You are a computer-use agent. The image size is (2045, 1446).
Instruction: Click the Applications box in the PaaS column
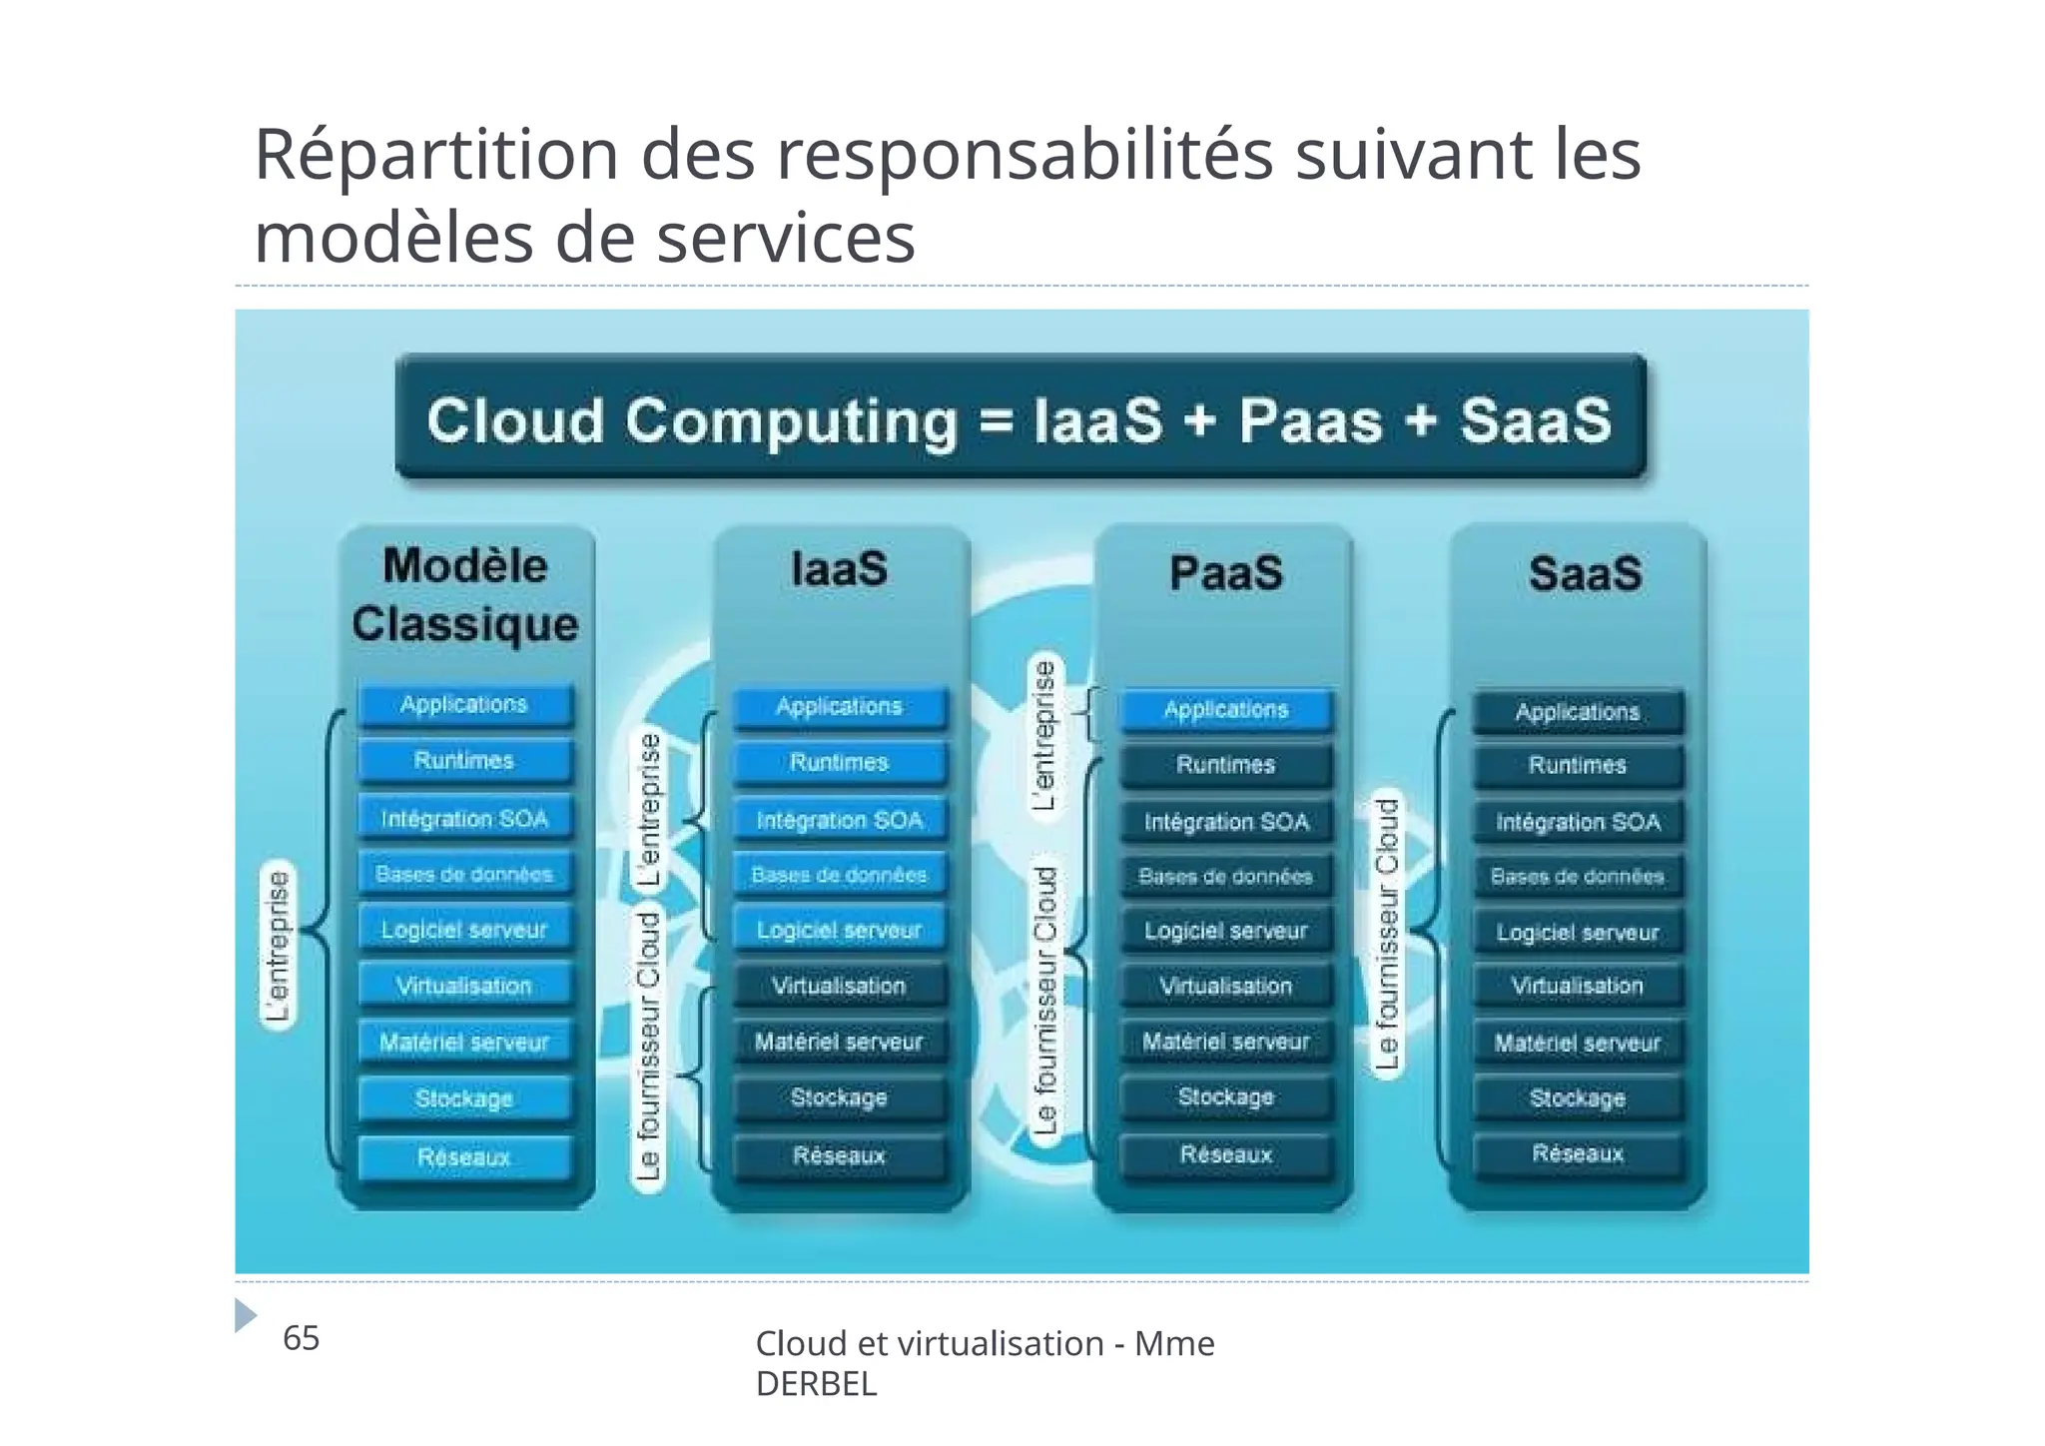tap(1225, 710)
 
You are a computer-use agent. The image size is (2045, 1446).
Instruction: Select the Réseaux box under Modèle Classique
tap(464, 1157)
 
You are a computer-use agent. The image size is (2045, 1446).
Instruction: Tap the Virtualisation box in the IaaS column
tap(839, 986)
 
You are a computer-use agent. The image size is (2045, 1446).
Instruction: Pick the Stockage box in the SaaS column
tap(1577, 1098)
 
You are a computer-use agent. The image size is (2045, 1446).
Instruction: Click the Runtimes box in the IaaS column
tap(839, 763)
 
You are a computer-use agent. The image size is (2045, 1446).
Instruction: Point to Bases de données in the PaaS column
tap(1225, 876)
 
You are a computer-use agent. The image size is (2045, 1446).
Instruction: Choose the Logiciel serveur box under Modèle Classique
tap(464, 930)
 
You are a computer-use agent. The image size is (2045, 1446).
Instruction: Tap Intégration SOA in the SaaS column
tap(1577, 822)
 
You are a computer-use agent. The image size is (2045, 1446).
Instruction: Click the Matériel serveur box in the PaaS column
tap(1225, 1042)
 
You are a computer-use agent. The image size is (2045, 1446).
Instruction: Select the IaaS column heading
tap(839, 569)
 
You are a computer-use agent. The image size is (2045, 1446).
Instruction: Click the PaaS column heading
tap(1225, 573)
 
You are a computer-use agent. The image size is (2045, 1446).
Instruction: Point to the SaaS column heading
tap(1585, 574)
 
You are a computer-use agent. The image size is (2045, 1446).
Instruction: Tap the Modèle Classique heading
tap(465, 595)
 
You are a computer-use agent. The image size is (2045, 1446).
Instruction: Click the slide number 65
tap(301, 1338)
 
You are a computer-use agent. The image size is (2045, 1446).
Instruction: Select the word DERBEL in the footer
tap(816, 1384)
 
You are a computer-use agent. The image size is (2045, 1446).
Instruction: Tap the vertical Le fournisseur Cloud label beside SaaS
tap(1388, 934)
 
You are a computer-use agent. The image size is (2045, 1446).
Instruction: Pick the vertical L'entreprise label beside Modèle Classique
tap(278, 945)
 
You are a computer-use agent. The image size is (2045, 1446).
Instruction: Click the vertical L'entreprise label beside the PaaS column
tap(1043, 734)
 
